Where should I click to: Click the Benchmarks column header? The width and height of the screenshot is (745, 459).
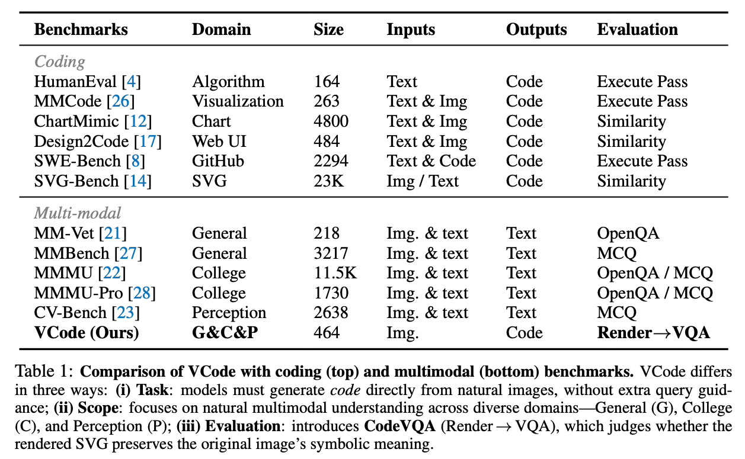point(81,30)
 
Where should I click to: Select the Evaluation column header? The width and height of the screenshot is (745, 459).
point(637,30)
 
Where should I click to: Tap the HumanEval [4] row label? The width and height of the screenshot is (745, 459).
point(87,81)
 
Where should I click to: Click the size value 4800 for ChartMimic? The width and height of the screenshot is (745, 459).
point(331,121)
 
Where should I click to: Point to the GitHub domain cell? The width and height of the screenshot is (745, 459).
point(218,161)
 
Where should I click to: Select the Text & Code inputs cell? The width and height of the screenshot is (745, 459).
point(431,161)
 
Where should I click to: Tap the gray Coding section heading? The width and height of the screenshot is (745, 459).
point(59,62)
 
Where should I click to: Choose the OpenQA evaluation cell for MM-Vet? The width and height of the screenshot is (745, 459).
point(628,233)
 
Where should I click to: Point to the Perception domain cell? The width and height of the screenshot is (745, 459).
point(229,313)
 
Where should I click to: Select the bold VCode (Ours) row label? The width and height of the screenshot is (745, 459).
point(86,333)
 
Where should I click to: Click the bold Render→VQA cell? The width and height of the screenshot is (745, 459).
point(653,333)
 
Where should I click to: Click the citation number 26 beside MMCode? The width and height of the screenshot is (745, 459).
point(121,101)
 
